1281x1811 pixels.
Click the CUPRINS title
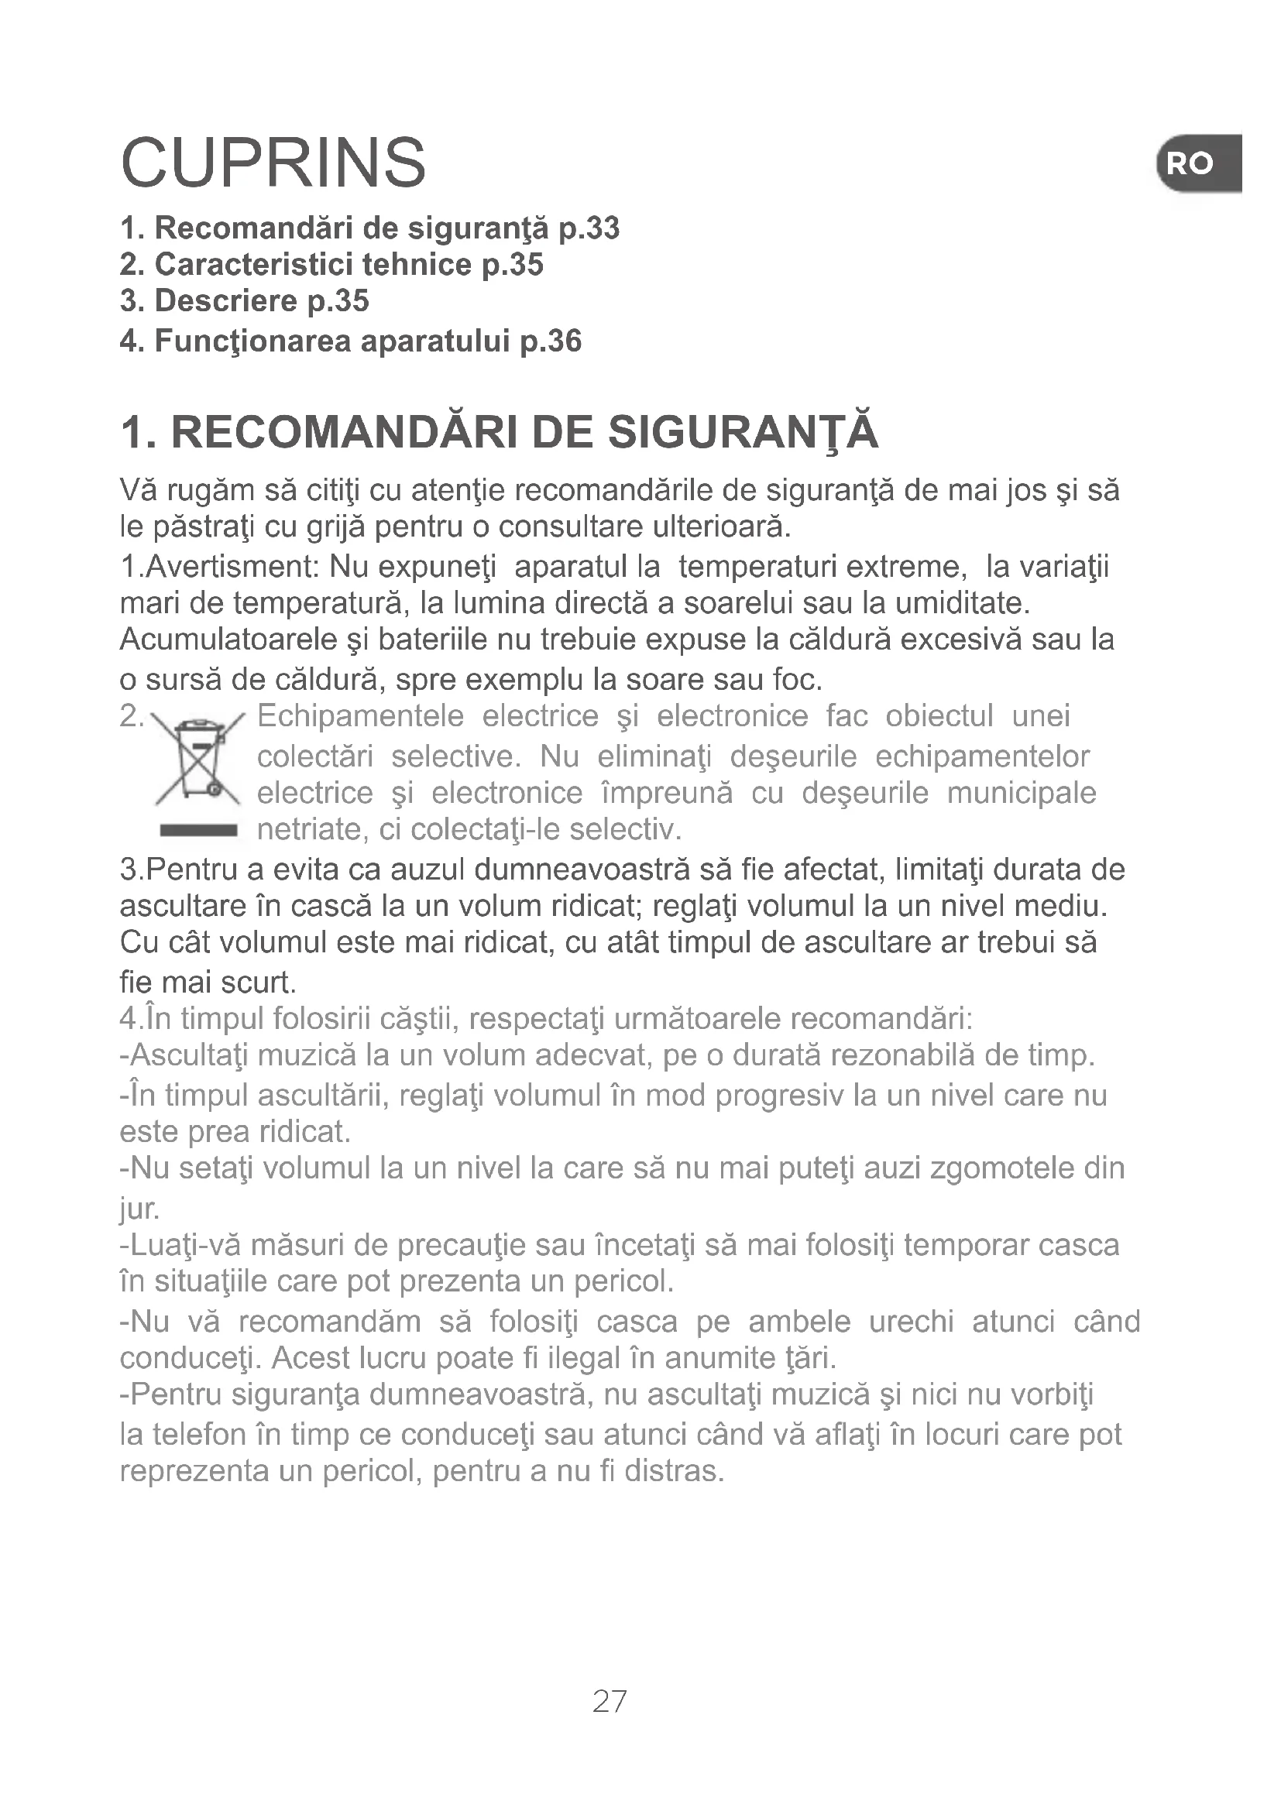(273, 163)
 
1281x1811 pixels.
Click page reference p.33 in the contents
(589, 228)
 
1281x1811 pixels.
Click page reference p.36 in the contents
(551, 341)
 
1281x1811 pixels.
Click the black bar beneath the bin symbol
(197, 830)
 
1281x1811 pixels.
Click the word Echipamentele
(360, 716)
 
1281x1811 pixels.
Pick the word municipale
(1021, 793)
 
